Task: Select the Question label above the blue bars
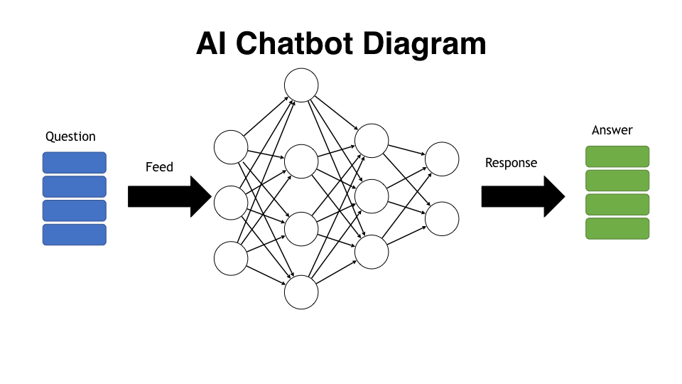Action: pyautogui.click(x=70, y=137)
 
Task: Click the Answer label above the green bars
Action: pyautogui.click(x=612, y=130)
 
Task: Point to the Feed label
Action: pyautogui.click(x=159, y=167)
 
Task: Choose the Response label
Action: pyautogui.click(x=511, y=163)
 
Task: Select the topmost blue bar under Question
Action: pyautogui.click(x=75, y=163)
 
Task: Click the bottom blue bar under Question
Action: pyautogui.click(x=75, y=235)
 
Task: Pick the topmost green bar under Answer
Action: pyautogui.click(x=617, y=156)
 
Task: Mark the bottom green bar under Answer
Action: pyautogui.click(x=617, y=228)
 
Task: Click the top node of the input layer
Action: pyautogui.click(x=231, y=147)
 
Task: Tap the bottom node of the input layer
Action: pyautogui.click(x=231, y=258)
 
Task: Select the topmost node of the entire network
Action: pyautogui.click(x=301, y=85)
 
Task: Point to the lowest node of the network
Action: pyautogui.click(x=301, y=292)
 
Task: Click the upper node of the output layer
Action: pyautogui.click(x=442, y=159)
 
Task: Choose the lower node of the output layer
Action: pyautogui.click(x=442, y=218)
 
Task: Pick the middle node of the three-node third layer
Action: pyautogui.click(x=372, y=196)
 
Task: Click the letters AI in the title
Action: pyautogui.click(x=212, y=44)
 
